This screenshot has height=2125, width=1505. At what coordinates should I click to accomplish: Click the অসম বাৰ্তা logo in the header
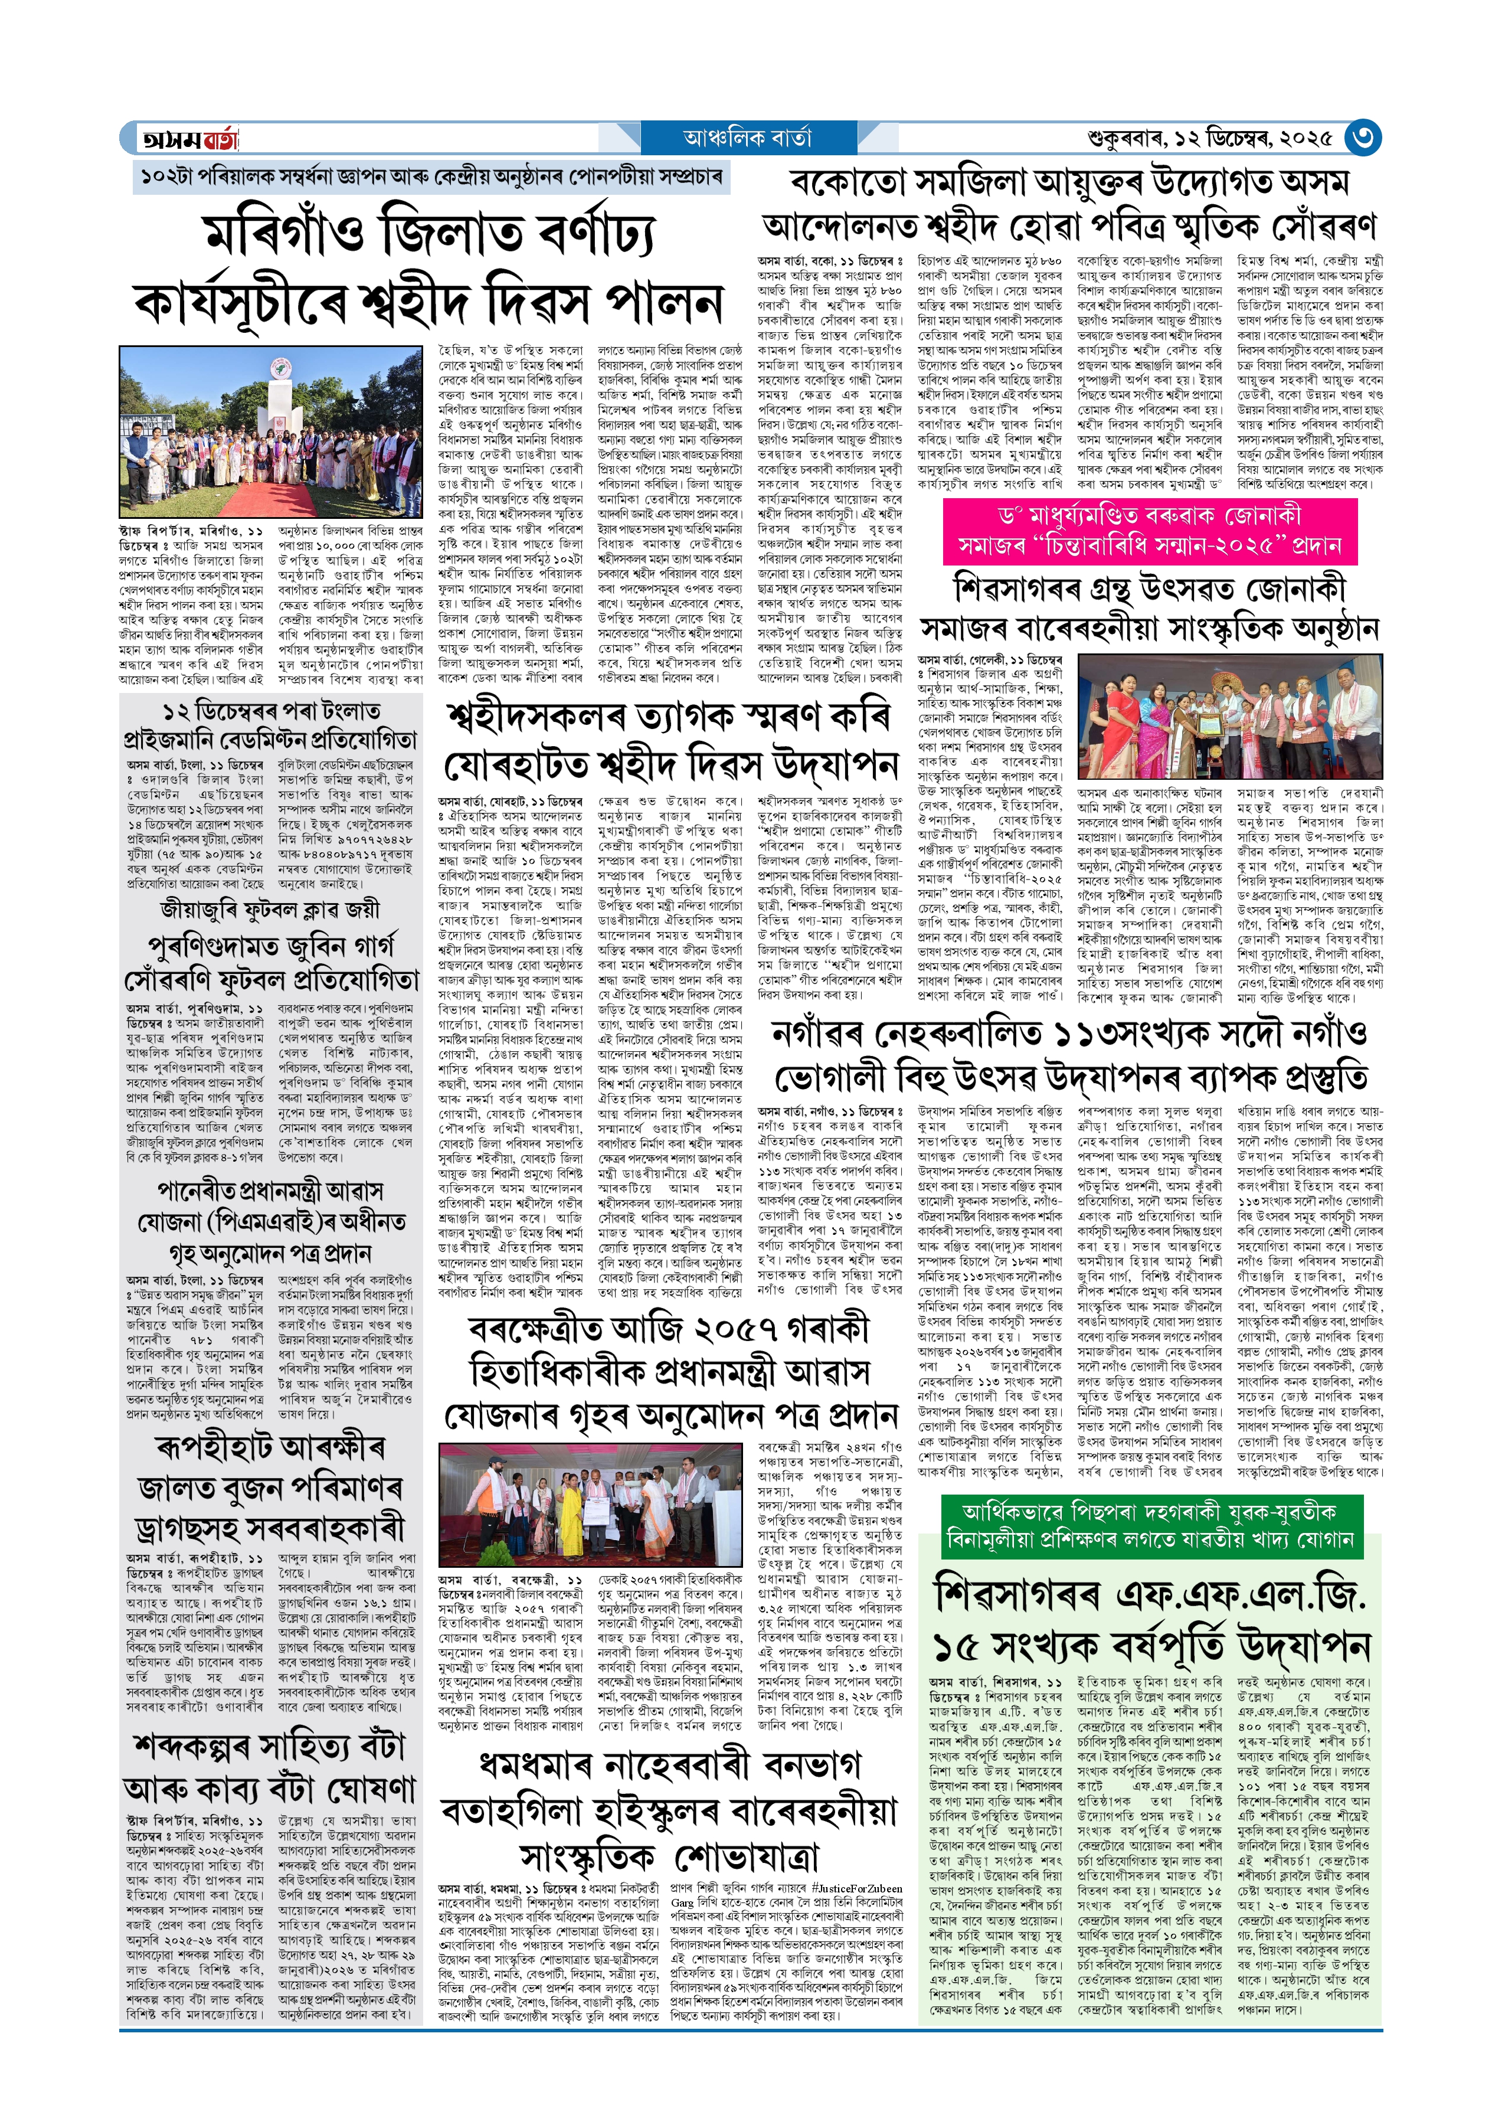[x=189, y=139]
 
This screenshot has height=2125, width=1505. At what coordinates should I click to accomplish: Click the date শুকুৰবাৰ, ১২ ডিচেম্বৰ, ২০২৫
[x=1209, y=139]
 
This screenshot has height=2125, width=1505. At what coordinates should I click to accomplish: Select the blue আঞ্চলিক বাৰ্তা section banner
[x=747, y=138]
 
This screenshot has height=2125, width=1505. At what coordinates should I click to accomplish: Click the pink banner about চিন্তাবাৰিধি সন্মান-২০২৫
[x=1149, y=530]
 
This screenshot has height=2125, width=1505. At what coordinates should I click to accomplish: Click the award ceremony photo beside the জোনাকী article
[x=1230, y=717]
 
